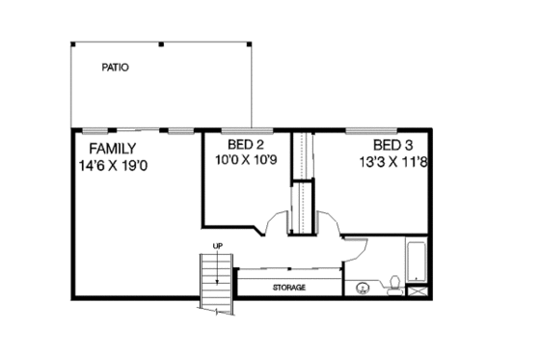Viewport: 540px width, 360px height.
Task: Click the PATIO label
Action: coord(116,69)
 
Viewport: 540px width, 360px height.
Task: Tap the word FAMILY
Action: coord(113,149)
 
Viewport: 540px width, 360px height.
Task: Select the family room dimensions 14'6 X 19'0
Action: coord(114,165)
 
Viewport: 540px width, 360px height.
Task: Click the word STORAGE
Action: coord(288,288)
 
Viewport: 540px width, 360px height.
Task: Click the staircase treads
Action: coord(217,280)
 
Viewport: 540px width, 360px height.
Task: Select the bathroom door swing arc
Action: coord(355,247)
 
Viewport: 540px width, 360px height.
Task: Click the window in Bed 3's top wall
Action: coord(365,129)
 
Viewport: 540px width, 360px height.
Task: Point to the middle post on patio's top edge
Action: coord(161,43)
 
